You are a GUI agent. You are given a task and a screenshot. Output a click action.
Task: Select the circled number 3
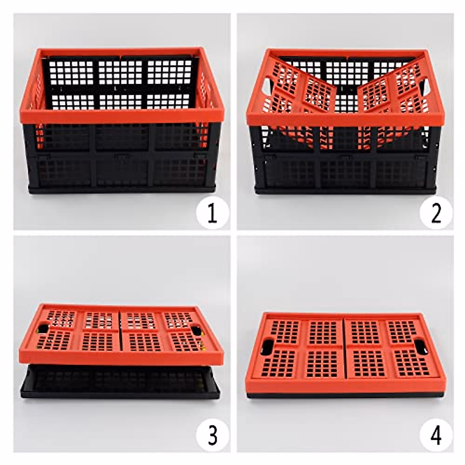(x=212, y=436)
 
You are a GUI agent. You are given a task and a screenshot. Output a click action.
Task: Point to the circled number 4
(x=436, y=436)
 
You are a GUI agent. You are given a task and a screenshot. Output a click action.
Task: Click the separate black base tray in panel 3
(x=120, y=384)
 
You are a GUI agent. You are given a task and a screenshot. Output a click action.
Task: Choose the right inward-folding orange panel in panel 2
(x=387, y=89)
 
